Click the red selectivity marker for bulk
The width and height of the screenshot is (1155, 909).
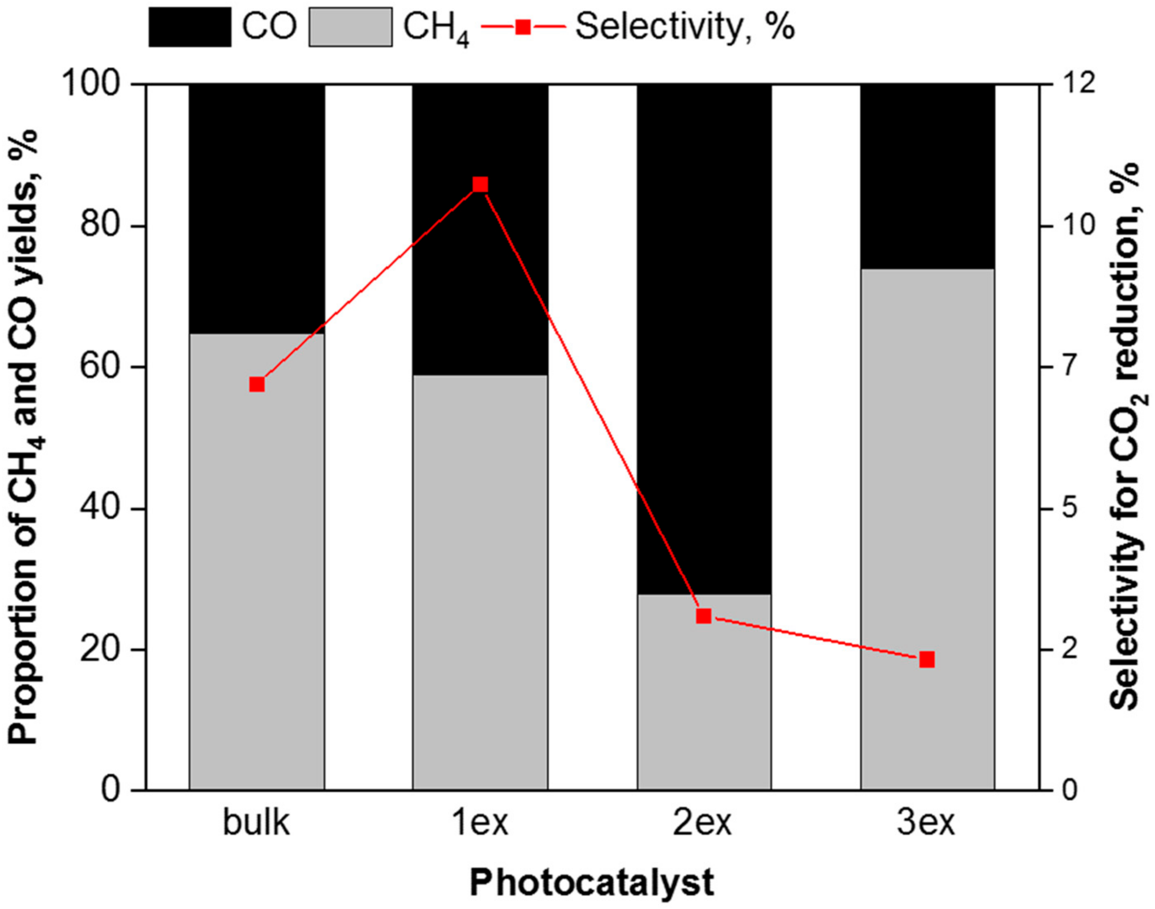pos(257,384)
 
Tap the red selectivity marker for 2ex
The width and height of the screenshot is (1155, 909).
pos(704,616)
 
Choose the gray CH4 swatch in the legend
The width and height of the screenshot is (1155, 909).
pos(351,27)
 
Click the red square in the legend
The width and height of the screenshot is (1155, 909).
pos(523,27)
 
